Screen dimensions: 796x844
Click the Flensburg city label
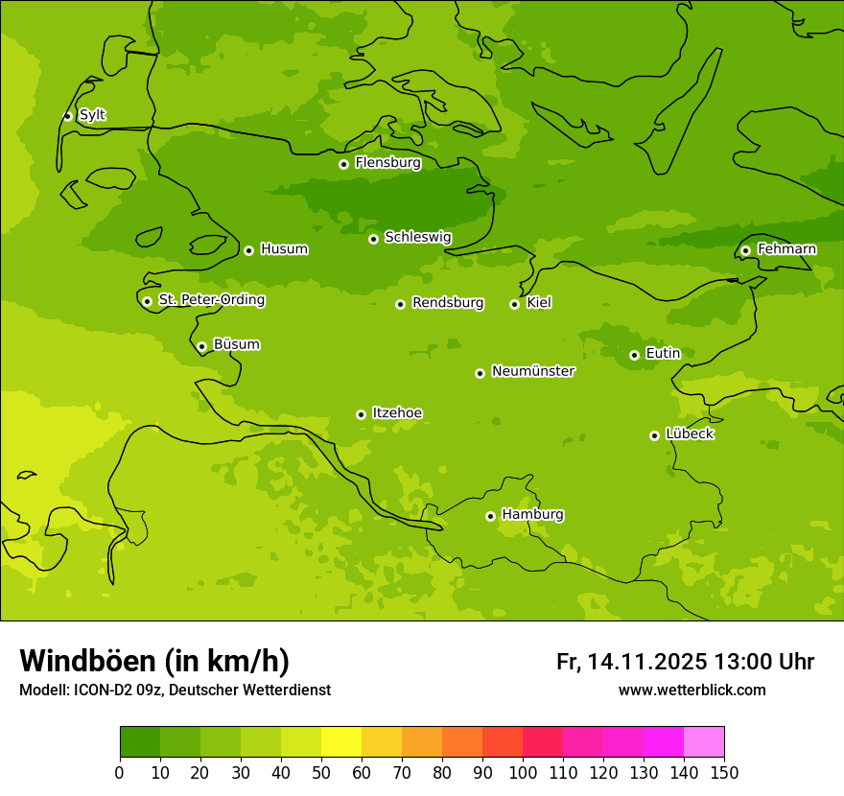[387, 163]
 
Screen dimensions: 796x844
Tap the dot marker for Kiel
[514, 304]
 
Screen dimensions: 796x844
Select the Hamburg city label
[532, 515]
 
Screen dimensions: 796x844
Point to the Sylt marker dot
[67, 116]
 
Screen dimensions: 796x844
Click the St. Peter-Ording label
[211, 300]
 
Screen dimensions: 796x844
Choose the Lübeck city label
[689, 434]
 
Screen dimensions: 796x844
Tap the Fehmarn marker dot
[745, 250]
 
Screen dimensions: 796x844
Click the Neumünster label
[532, 371]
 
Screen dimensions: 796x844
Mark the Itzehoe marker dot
[361, 414]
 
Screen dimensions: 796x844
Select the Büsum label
[236, 344]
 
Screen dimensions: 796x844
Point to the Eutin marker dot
[634, 355]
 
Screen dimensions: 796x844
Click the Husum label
[284, 249]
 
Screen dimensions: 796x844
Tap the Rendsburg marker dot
[400, 304]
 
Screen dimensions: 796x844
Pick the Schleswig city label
[417, 237]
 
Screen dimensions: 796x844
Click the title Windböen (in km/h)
[154, 661]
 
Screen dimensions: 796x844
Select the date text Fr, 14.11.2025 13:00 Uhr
[685, 662]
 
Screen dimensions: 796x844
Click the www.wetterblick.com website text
[692, 690]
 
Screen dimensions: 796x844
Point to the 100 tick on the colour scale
[523, 771]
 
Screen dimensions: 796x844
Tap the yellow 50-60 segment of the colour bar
[341, 742]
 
